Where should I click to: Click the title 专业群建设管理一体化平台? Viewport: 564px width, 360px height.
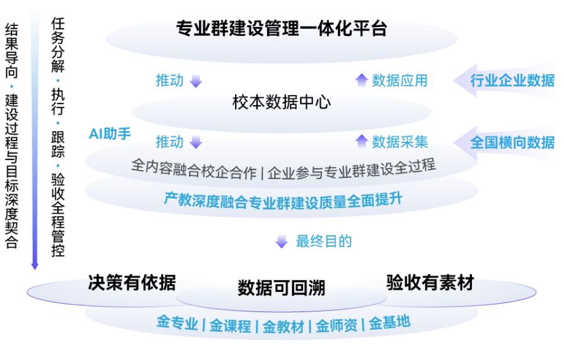[x=281, y=28]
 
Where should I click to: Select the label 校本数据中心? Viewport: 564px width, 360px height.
[x=281, y=102]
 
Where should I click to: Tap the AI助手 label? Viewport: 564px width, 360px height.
[x=110, y=134]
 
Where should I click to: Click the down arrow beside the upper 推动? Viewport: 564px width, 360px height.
[x=196, y=81]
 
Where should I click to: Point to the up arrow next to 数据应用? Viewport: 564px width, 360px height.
[x=361, y=79]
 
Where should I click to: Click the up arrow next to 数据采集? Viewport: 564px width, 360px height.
[x=361, y=141]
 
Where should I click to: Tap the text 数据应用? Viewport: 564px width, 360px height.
[x=400, y=80]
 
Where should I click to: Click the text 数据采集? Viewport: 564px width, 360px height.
[x=400, y=141]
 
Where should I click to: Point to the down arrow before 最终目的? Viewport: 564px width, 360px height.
[x=282, y=241]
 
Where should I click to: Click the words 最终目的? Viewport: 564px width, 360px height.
[x=323, y=241]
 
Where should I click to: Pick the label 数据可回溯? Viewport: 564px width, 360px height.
[x=281, y=288]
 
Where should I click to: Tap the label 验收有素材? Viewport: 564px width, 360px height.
[x=430, y=282]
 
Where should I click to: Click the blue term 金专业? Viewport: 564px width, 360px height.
[x=177, y=325]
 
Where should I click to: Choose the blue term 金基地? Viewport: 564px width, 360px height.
[x=389, y=323]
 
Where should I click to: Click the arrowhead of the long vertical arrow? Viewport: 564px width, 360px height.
[x=35, y=266]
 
